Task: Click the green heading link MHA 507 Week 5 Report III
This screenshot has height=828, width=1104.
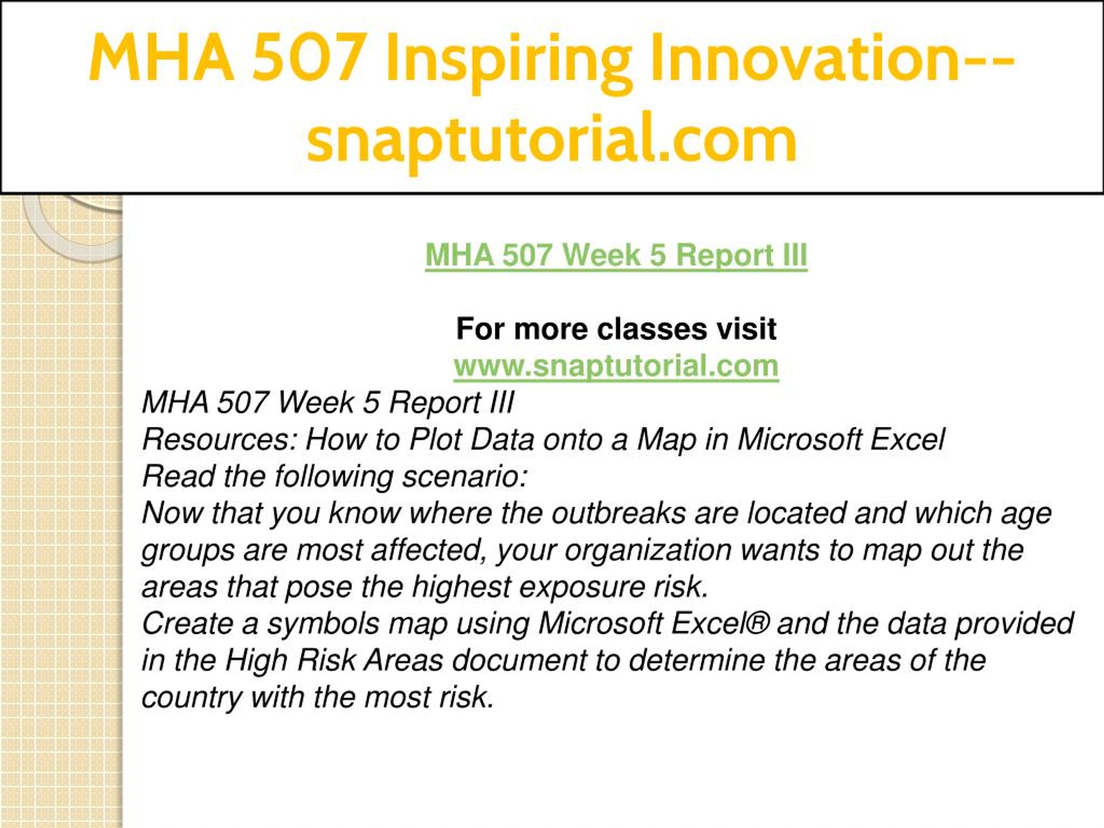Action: tap(616, 256)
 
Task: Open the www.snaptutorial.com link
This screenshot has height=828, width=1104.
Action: tap(616, 366)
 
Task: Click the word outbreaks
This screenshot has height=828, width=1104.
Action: tap(618, 513)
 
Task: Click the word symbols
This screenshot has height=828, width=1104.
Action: tap(323, 624)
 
